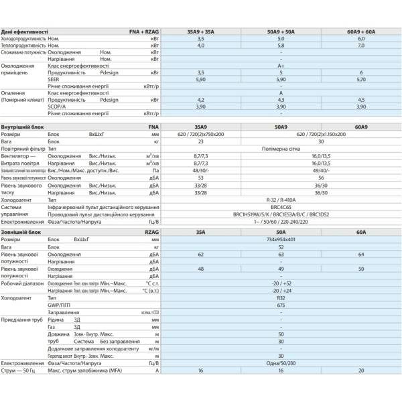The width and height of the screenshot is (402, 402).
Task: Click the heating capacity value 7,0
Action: (360, 46)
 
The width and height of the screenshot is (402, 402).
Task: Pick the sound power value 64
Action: (360, 255)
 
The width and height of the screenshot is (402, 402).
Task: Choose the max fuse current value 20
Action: (360, 370)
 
